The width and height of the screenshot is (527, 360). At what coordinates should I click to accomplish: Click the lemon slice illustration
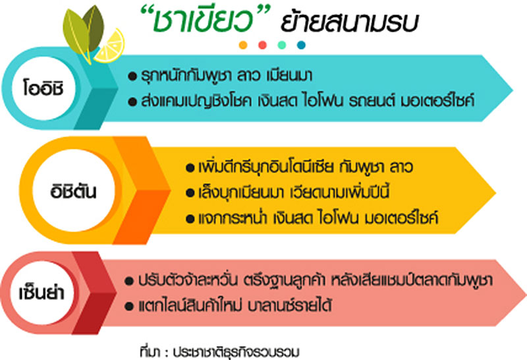point(110,46)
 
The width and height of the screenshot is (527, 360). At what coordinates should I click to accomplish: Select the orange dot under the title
point(243,45)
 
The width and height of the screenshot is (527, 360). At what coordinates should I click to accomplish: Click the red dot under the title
point(262,45)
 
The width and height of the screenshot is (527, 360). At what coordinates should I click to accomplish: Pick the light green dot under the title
point(282,45)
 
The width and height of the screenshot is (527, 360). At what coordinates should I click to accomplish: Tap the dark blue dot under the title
point(301,45)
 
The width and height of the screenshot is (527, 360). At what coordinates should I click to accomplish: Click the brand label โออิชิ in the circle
point(43,88)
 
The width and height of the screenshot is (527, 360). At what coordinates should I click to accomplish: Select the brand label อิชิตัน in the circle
point(73,191)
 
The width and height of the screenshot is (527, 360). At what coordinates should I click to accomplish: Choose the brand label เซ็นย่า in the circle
point(42,292)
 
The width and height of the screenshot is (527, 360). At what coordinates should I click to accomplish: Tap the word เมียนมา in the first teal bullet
point(289,75)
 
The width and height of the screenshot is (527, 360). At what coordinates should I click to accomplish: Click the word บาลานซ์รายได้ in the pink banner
point(290,305)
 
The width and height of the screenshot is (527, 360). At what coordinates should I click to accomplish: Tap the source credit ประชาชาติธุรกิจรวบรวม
point(236,352)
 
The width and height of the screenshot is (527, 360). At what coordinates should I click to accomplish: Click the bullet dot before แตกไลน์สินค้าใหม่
point(129,307)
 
